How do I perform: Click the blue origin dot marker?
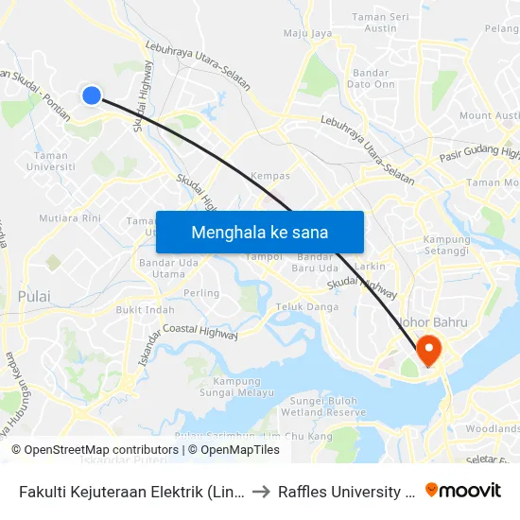[92, 95]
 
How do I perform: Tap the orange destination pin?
[428, 350]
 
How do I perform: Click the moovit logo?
[463, 490]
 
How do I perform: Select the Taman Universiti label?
[53, 161]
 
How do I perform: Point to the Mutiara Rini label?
[70, 217]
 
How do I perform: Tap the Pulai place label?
[34, 296]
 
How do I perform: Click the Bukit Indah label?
[145, 309]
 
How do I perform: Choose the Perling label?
[201, 293]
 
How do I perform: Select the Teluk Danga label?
[306, 306]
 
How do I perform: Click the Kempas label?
[270, 176]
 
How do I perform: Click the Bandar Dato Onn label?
[373, 78]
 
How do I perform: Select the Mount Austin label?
[489, 115]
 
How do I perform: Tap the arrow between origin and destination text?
[261, 491]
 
